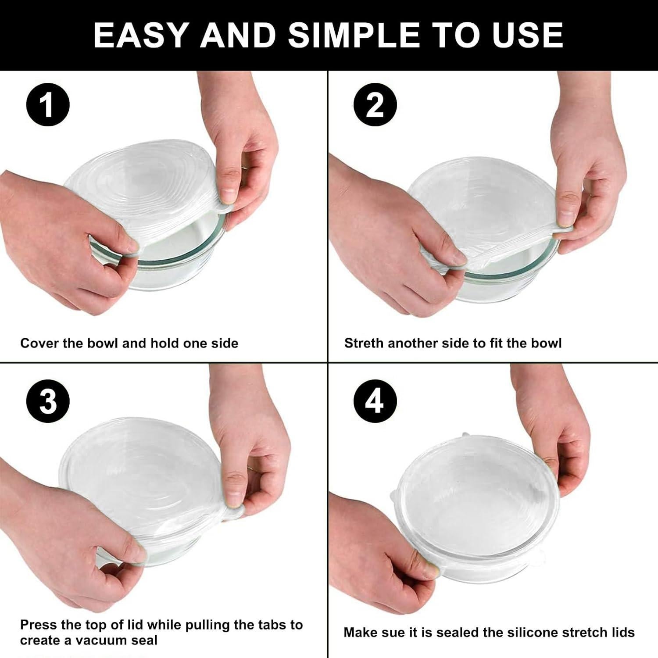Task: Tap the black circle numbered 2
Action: tap(375, 106)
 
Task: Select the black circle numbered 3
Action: tap(48, 402)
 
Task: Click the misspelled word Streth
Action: tap(364, 343)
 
